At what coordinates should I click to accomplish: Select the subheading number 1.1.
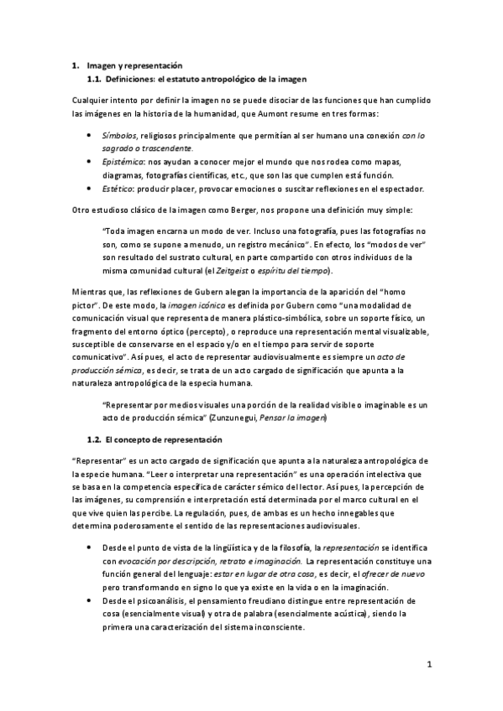95,80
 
